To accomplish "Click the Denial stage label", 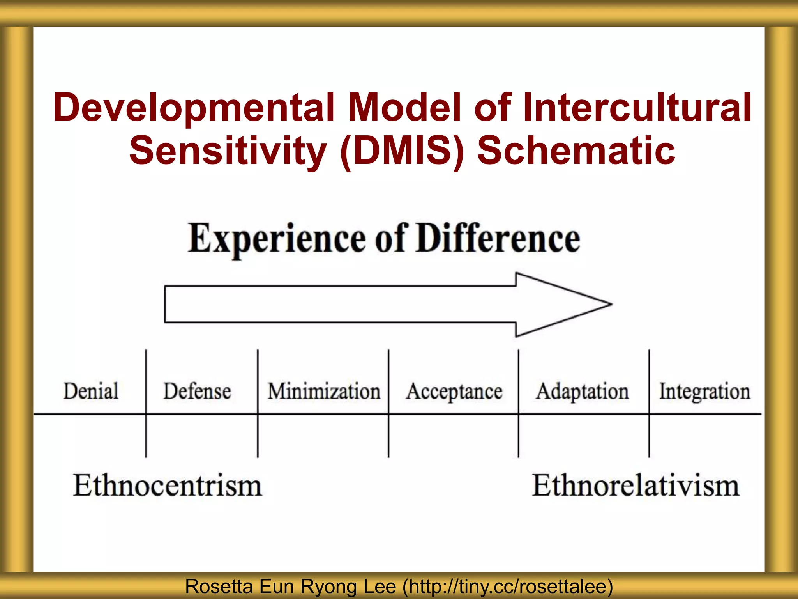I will (91, 391).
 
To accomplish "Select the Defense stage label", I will (197, 391).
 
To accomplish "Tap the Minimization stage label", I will (324, 391).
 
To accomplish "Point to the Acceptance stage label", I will (454, 391).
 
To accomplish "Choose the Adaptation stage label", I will (583, 391).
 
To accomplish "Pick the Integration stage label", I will (704, 391).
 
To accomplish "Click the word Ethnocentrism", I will (168, 486).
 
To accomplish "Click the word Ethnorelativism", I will (636, 486).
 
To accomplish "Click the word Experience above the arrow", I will (277, 239).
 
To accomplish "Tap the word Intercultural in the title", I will (637, 107).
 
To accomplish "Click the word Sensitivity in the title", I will (228, 151).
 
